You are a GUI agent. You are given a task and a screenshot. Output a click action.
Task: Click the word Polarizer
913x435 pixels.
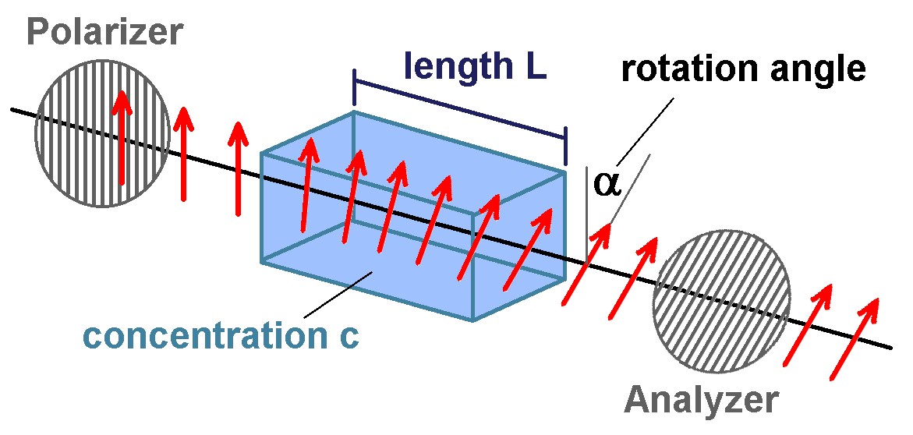pos(104,32)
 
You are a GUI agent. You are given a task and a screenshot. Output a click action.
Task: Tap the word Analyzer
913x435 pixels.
pos(701,400)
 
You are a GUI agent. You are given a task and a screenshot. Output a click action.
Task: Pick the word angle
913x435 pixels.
pos(813,69)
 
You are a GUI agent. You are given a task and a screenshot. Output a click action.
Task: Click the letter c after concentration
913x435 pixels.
pos(349,338)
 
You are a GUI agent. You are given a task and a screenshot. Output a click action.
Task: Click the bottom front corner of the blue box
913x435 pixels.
pos(473,320)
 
